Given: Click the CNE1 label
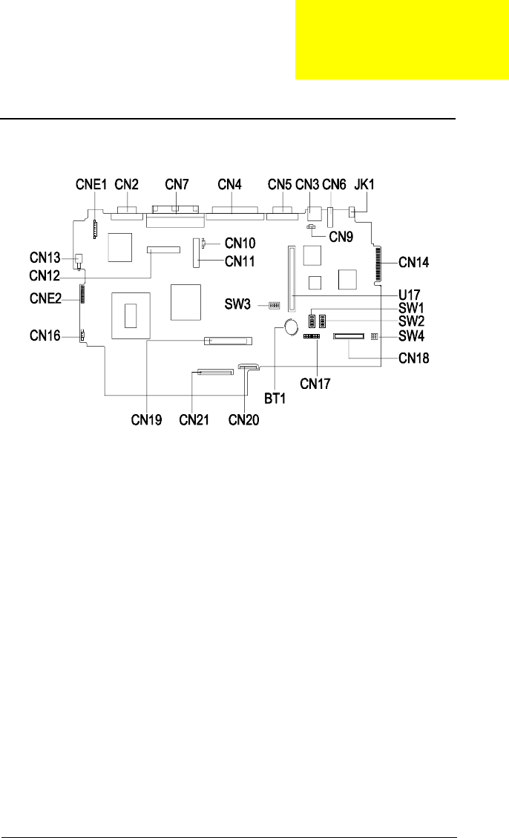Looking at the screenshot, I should tap(93, 184).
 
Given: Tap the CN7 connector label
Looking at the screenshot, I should tap(177, 184).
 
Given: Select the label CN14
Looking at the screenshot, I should tap(413, 261).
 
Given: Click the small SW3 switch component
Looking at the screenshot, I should tap(274, 305).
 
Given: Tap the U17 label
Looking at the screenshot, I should tap(410, 295).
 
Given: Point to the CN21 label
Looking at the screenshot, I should tap(193, 419).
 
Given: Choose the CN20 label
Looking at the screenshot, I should tap(243, 419).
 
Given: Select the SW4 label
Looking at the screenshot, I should tap(413, 335).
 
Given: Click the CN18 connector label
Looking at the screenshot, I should tap(414, 356).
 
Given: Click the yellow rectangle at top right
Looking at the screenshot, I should tap(402, 39).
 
